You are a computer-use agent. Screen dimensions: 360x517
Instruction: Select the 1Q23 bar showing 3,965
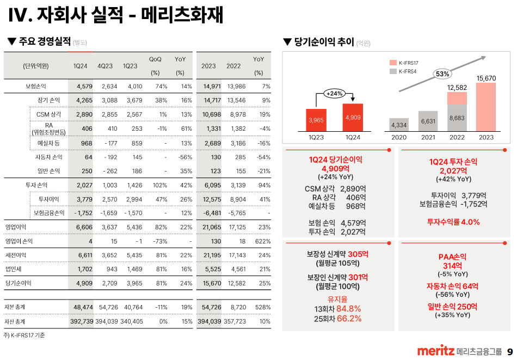(316, 120)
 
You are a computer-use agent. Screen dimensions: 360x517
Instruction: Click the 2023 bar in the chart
(486, 107)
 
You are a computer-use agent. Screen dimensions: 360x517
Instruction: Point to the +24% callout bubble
(334, 93)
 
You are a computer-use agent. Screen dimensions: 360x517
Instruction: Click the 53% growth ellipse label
(442, 74)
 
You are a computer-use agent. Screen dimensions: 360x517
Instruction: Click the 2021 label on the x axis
(428, 137)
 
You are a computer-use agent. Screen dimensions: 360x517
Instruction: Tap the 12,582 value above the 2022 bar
(457, 87)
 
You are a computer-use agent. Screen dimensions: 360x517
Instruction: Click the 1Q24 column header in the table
(81, 66)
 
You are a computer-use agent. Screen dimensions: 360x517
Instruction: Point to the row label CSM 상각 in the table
(49, 114)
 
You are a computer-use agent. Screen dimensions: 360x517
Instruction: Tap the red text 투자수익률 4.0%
(453, 222)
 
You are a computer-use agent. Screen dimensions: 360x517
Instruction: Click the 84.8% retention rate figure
(349, 309)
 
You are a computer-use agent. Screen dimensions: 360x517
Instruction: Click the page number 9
(509, 351)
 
